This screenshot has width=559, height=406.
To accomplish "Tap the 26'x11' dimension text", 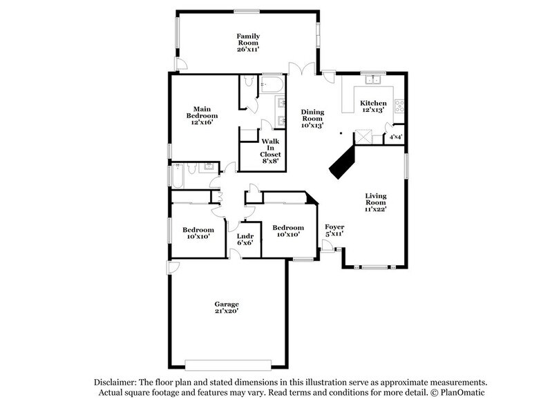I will tap(248, 50).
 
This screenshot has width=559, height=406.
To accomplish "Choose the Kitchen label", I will tap(373, 104).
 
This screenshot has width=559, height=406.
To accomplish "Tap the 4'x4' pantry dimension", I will tap(396, 137).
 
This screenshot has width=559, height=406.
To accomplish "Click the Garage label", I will tap(226, 304).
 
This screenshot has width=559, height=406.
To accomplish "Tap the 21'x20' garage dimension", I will tap(226, 312).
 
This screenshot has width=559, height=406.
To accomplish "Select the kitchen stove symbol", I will tap(399, 107).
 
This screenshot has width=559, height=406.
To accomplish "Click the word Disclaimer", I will tap(115, 382).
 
